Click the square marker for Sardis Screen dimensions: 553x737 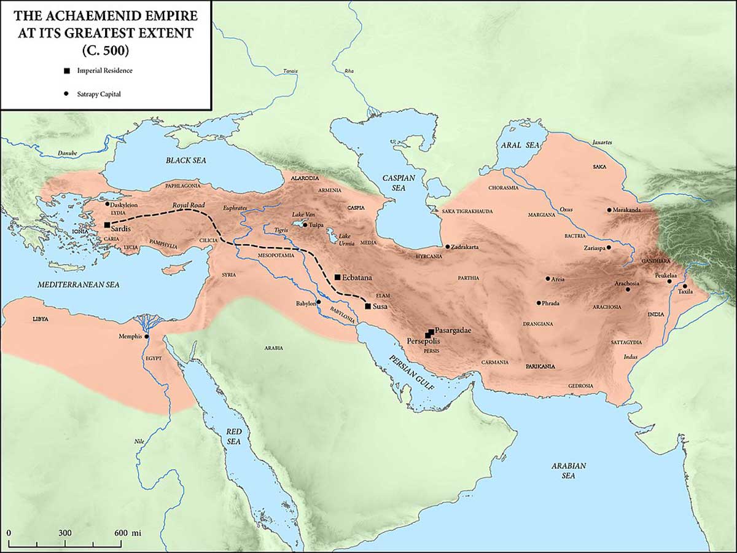click(107, 225)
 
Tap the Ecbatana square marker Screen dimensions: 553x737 click(338, 277)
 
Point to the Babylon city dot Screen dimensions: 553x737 click(319, 302)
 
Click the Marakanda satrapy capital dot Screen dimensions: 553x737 click(609, 210)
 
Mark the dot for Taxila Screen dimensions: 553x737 click(685, 286)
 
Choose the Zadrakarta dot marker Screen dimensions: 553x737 click(447, 246)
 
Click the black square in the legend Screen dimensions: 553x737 click(65, 71)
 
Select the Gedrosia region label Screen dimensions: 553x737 click(580, 385)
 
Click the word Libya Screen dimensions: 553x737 click(40, 320)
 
